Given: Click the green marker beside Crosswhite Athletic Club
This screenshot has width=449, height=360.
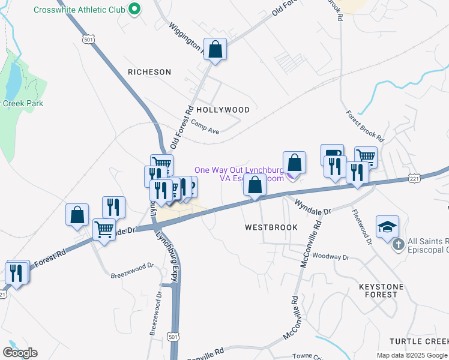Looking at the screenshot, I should tap(134, 10).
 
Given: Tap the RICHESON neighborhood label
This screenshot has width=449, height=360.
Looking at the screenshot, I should tap(149, 72).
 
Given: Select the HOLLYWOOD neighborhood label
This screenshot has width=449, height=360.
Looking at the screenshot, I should tap(223, 110).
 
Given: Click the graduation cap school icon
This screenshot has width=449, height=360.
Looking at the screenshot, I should tap(387, 227).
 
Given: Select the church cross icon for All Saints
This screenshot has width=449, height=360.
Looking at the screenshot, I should tap(398, 245).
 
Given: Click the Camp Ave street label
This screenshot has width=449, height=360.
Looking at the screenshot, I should tap(205, 126).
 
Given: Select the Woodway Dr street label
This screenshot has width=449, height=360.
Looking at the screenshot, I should tap(331, 256).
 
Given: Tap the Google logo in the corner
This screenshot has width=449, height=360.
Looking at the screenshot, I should tap(20, 352).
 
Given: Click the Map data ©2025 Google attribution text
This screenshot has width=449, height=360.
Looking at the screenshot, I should tap(412, 355).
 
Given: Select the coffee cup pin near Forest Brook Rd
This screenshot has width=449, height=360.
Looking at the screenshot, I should tap(331, 154).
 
